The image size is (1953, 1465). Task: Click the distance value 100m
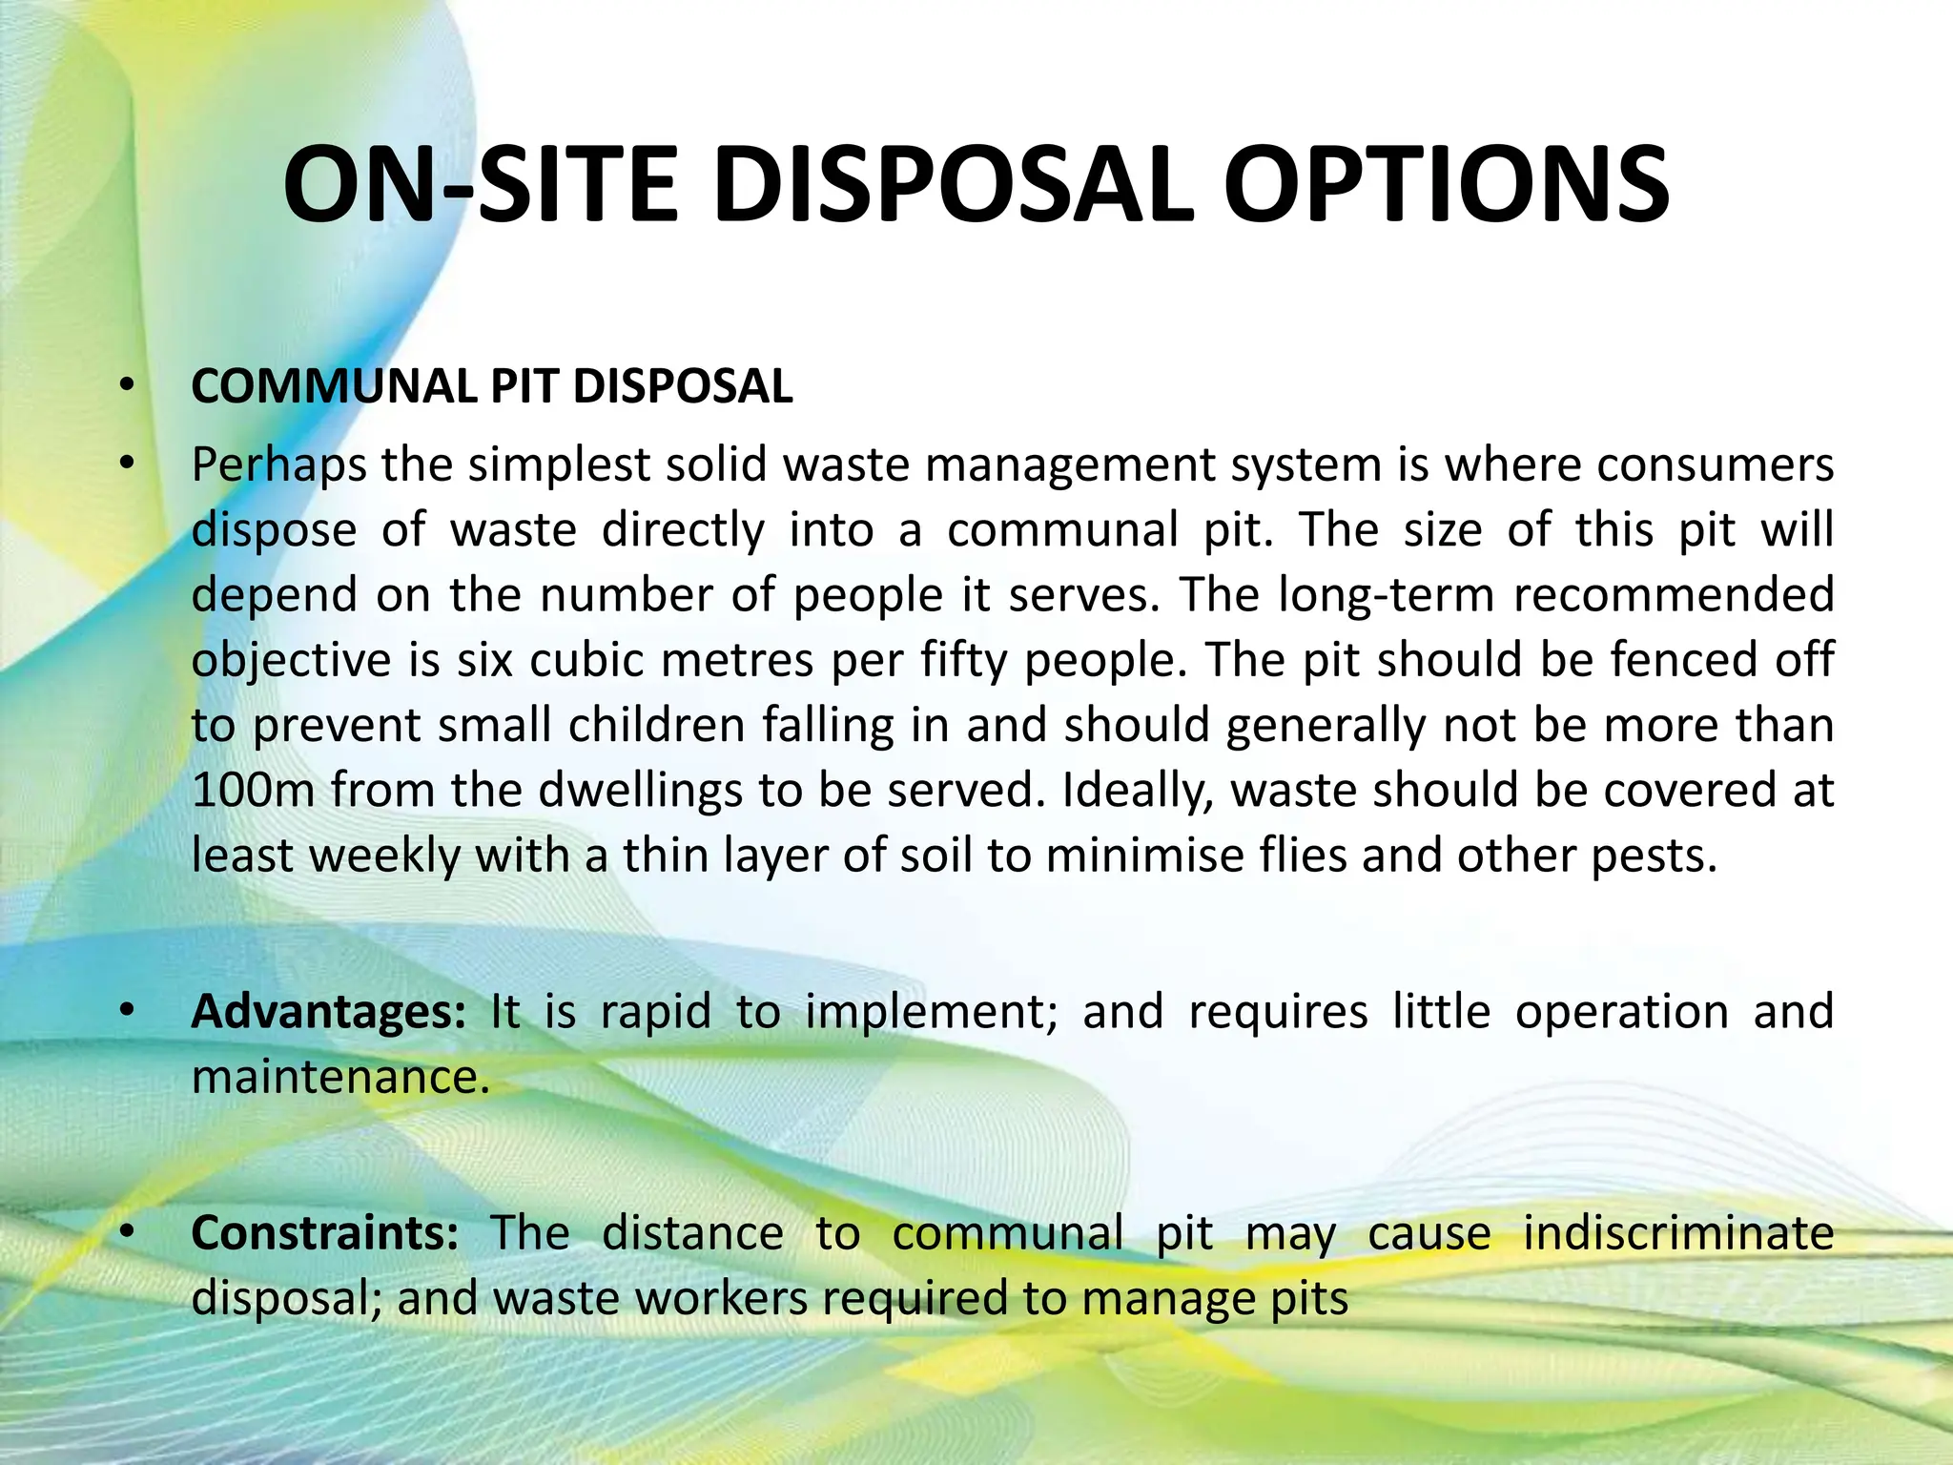click(x=253, y=791)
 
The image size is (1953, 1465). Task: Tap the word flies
click(x=1303, y=856)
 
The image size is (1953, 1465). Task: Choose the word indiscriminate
click(x=1678, y=1233)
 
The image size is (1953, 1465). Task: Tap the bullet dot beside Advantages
click(x=126, y=1011)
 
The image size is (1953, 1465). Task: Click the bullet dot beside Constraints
click(x=126, y=1232)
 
